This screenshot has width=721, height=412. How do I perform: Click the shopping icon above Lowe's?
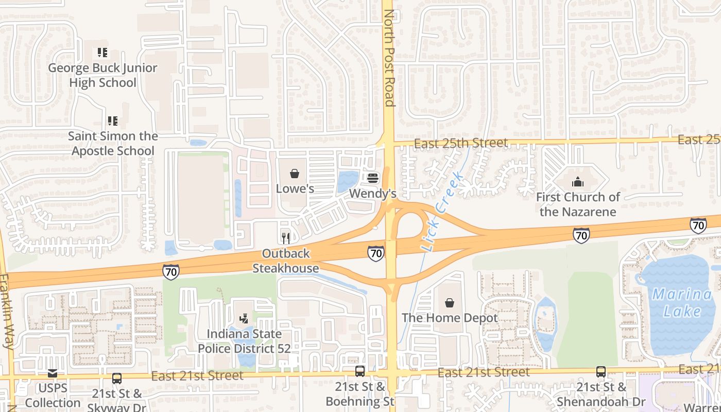[x=295, y=174]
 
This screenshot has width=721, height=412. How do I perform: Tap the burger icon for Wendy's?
[x=373, y=178]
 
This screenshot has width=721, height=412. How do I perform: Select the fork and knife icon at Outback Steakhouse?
[x=286, y=238]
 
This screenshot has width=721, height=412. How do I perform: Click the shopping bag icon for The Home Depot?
[x=450, y=302]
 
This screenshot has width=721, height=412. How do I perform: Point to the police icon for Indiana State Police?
[x=244, y=319]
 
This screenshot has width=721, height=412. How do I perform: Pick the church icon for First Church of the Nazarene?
[x=578, y=182]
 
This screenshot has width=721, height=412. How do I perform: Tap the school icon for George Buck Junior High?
[x=102, y=53]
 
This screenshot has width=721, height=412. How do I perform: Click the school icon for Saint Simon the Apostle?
[x=112, y=121]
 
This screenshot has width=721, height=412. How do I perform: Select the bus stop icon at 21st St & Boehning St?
[x=360, y=371]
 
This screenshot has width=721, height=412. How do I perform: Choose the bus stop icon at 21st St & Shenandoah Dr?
[x=601, y=371]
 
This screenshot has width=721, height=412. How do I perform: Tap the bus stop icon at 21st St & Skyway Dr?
[x=117, y=379]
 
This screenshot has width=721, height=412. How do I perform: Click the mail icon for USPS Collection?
[x=53, y=373]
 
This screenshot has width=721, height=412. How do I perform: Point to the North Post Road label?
[x=389, y=58]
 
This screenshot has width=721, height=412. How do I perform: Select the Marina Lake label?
[x=682, y=303]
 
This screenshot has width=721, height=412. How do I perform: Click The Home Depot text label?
[x=450, y=318]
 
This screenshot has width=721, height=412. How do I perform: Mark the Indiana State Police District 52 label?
[x=244, y=341]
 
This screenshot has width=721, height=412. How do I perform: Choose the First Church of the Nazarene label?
[x=578, y=204]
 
